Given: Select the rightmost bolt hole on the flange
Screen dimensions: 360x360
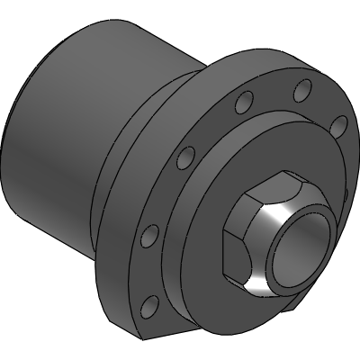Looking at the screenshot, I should (339, 125).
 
